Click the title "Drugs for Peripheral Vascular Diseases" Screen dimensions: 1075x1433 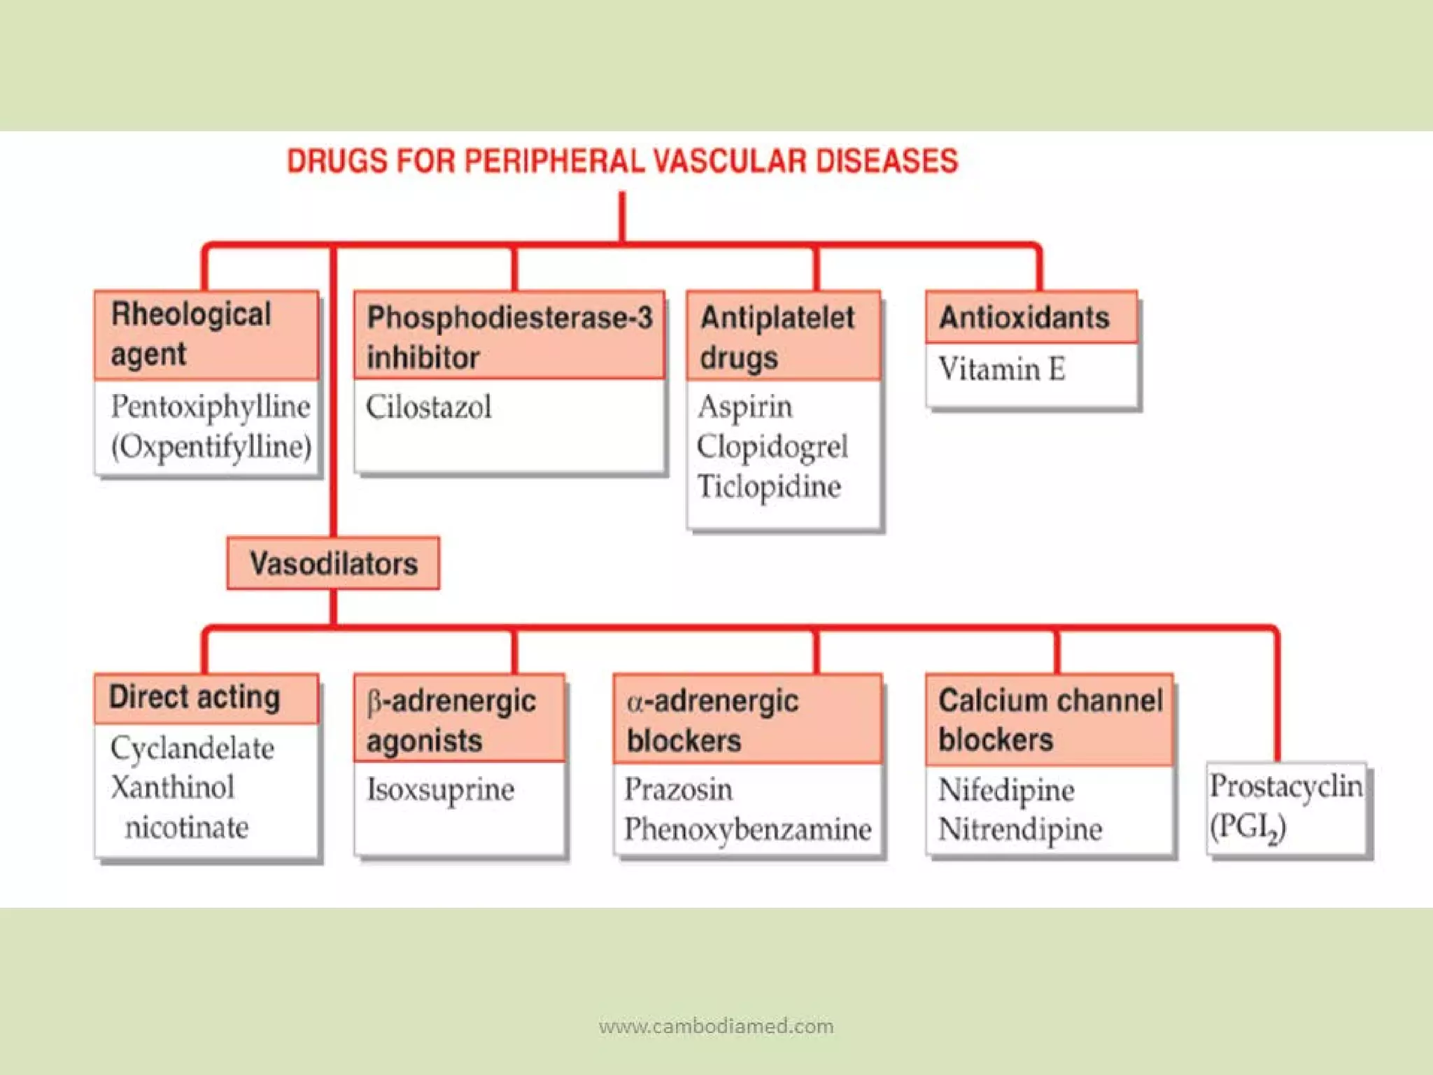click(x=622, y=162)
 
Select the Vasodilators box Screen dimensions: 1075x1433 click(x=333, y=563)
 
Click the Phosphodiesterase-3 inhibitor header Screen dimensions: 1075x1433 click(x=509, y=337)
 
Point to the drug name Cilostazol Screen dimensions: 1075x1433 click(x=428, y=407)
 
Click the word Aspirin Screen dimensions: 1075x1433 click(x=745, y=407)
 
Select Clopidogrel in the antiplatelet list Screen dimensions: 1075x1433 click(x=772, y=447)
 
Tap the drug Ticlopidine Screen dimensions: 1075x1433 click(x=769, y=486)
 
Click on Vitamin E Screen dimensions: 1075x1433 click(x=1001, y=370)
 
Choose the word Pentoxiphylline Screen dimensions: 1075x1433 click(x=210, y=407)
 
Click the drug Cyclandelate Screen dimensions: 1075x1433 click(x=192, y=748)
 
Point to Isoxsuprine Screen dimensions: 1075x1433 click(x=441, y=789)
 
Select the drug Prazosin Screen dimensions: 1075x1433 click(x=679, y=789)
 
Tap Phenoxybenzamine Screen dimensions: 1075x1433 click(x=747, y=829)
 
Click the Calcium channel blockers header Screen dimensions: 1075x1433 click(x=1049, y=719)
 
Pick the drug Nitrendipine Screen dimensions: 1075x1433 click(x=1020, y=829)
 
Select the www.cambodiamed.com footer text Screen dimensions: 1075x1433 click(x=716, y=1026)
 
